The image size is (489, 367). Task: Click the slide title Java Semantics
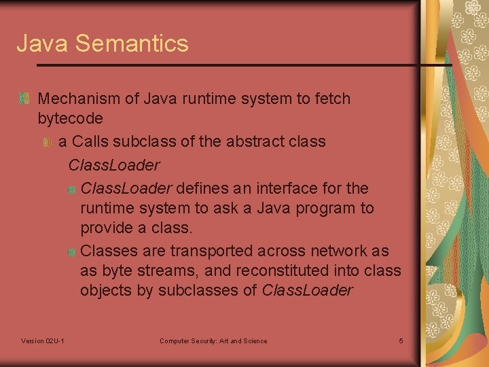point(103,43)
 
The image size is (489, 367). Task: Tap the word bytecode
point(71,118)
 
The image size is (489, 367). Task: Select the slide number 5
point(401,340)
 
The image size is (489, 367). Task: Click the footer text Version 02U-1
point(43,340)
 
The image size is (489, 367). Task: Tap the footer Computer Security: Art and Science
point(213,340)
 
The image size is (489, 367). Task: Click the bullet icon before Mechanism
point(24,99)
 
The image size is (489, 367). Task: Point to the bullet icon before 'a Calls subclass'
point(46,142)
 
